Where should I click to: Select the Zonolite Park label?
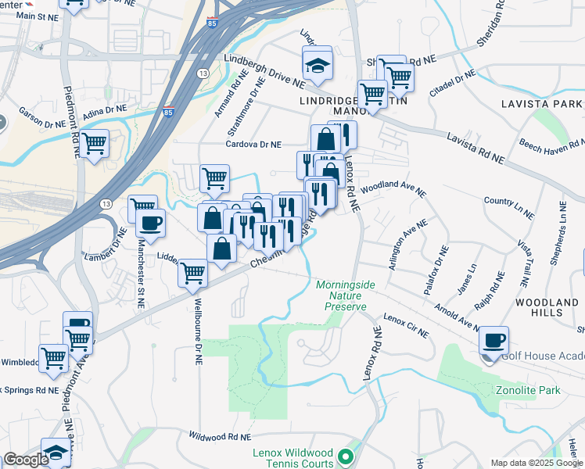(x=529, y=389)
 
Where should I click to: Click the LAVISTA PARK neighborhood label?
(x=547, y=104)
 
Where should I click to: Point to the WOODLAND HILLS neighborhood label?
(x=547, y=307)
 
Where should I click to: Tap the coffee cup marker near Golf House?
(x=493, y=341)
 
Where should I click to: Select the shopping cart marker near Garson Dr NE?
(x=95, y=144)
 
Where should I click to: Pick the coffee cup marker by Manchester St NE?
(x=150, y=224)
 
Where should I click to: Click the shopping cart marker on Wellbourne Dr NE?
(x=192, y=274)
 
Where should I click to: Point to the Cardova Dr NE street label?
(x=253, y=145)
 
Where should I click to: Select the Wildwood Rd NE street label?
(x=220, y=436)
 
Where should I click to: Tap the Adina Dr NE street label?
(x=104, y=114)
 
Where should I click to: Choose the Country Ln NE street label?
(x=509, y=207)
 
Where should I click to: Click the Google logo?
(x=26, y=460)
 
